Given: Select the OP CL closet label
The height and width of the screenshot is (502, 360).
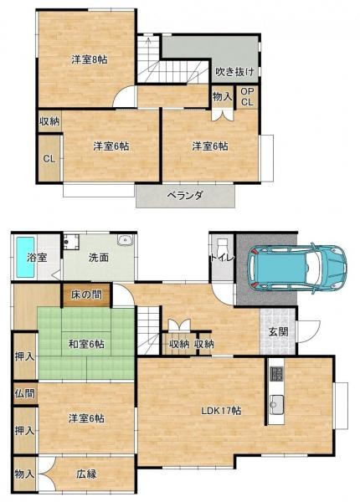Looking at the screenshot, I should click(x=247, y=97).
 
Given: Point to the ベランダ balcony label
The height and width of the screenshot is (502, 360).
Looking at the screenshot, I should click(x=185, y=195).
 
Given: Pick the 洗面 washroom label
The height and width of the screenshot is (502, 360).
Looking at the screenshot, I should click(x=98, y=258).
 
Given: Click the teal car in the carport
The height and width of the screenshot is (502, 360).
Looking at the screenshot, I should click(x=296, y=266).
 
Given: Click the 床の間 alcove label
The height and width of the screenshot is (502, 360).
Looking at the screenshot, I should click(x=86, y=295).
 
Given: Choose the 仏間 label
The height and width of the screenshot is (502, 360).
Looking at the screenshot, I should click(x=24, y=392).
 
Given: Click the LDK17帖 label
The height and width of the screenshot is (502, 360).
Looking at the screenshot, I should click(x=221, y=410).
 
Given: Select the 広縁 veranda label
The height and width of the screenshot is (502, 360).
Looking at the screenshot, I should click(x=87, y=474).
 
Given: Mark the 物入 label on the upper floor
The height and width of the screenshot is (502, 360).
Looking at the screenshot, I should click(x=221, y=97).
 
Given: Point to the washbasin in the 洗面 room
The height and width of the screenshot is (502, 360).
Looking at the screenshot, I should click(x=126, y=241).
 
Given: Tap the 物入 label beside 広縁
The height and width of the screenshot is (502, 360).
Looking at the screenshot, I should click(x=24, y=474).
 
